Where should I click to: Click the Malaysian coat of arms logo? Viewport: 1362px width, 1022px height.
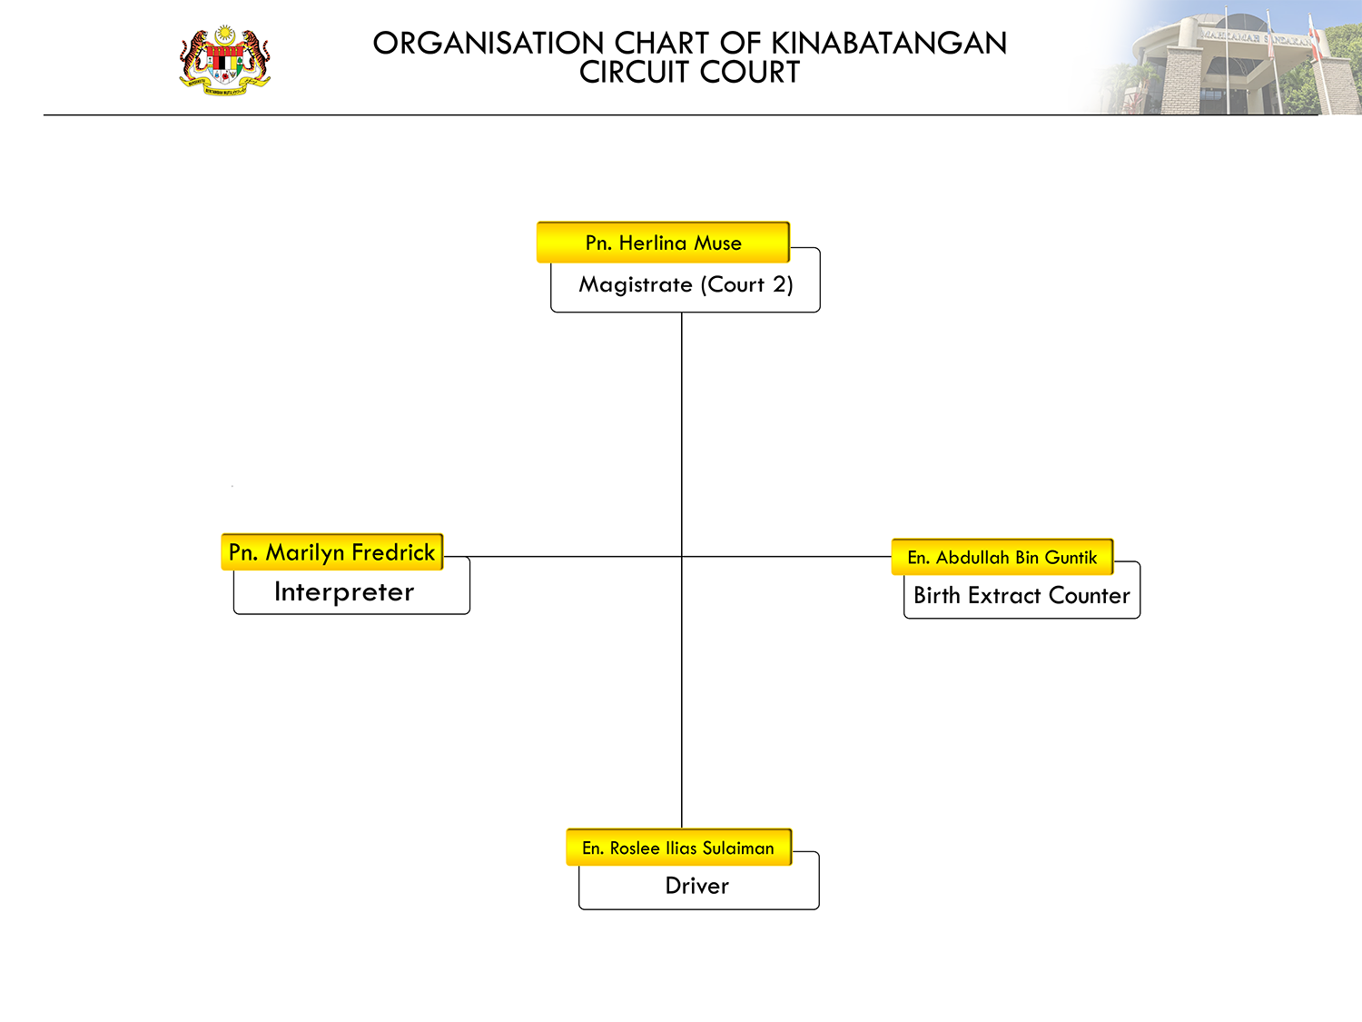click(224, 60)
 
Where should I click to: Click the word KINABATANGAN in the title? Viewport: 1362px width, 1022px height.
click(889, 44)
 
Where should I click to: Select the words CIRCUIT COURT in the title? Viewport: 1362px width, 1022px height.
click(689, 72)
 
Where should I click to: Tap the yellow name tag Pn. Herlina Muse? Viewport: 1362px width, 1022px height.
click(664, 242)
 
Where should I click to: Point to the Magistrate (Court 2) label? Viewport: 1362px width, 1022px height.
click(686, 284)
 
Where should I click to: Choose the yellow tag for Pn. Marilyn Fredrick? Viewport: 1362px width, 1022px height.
click(332, 551)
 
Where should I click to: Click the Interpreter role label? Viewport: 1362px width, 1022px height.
click(344, 592)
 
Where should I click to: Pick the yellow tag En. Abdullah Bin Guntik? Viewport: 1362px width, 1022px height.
click(1002, 557)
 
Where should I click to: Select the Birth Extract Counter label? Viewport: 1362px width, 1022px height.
click(1021, 596)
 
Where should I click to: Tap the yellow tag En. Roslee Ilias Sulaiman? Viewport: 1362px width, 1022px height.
click(679, 847)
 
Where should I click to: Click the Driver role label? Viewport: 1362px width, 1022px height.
click(696, 886)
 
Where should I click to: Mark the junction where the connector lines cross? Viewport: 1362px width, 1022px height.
click(681, 557)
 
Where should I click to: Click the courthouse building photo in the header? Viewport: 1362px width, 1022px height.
click(1222, 57)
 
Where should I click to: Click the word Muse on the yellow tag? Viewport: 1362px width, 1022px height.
click(717, 243)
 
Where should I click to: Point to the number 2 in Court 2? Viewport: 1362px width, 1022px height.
click(779, 284)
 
